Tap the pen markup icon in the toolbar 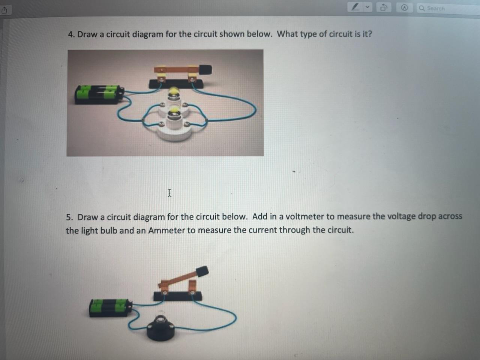click(x=355, y=7)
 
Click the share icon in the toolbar click(x=4, y=10)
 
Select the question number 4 click(x=71, y=34)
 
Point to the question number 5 click(x=69, y=217)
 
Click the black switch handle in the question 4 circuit click(x=205, y=69)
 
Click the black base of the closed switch click(x=176, y=84)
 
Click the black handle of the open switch click(x=202, y=271)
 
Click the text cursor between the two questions click(x=169, y=193)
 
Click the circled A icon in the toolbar click(x=404, y=8)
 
